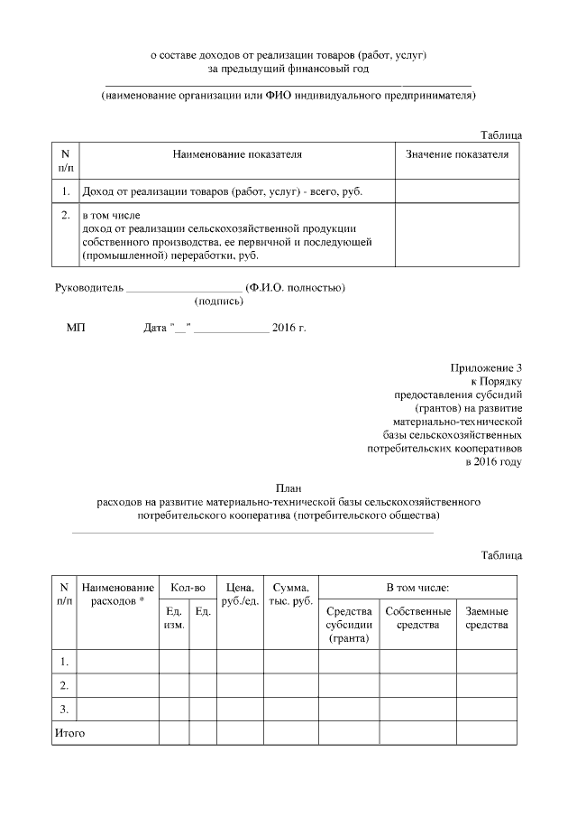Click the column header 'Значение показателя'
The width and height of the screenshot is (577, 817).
(x=457, y=154)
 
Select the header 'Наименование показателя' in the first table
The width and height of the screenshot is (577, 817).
(x=237, y=154)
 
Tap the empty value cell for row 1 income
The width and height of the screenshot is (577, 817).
(x=457, y=191)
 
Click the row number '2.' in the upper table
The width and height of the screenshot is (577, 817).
(x=65, y=217)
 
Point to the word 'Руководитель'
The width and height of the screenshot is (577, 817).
(x=86, y=288)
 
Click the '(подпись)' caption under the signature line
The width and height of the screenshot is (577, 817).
(x=217, y=304)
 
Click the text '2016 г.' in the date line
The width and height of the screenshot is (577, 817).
(x=288, y=327)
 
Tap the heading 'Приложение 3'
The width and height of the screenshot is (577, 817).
(x=486, y=367)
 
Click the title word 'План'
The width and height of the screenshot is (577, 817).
(x=288, y=487)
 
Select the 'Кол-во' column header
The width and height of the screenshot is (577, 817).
(x=188, y=588)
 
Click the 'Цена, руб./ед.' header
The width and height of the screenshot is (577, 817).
(x=240, y=595)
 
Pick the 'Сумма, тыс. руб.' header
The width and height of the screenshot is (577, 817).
(x=291, y=595)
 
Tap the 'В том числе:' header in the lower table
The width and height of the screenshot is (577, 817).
(x=417, y=588)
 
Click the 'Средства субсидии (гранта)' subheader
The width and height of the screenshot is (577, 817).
(x=348, y=625)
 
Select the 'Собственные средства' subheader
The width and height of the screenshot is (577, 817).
(x=417, y=618)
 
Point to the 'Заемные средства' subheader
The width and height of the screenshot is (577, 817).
(x=486, y=618)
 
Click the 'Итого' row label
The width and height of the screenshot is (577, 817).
(x=70, y=733)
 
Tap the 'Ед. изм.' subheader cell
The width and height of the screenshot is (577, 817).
(x=174, y=618)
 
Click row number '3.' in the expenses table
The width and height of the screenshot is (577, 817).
(x=65, y=708)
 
